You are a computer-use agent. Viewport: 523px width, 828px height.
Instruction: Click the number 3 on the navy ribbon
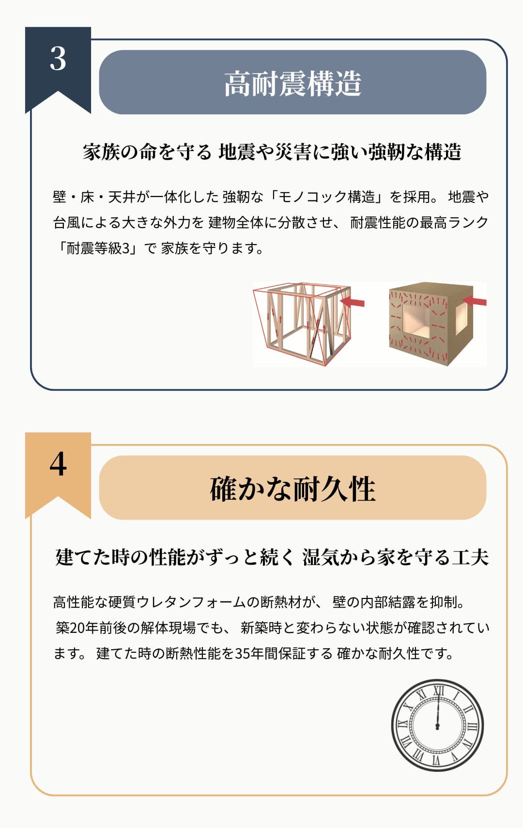click(58, 59)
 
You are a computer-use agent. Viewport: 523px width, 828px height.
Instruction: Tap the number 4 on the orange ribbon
click(58, 464)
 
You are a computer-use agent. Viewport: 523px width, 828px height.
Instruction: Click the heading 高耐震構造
click(292, 84)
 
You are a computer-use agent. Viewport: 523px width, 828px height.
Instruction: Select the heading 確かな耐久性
click(292, 489)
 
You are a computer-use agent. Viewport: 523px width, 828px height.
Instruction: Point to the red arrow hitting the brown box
click(474, 301)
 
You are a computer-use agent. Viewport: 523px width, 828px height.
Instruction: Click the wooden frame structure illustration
click(302, 324)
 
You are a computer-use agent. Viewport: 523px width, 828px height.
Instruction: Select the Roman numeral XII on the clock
click(438, 691)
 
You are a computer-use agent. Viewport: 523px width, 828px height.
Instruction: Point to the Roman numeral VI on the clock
click(436, 760)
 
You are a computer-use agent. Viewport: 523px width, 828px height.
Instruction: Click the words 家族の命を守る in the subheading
click(147, 152)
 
